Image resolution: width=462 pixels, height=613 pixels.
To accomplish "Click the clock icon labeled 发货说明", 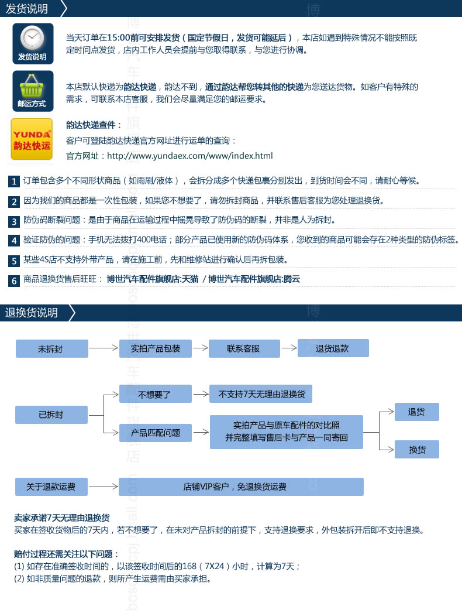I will (32, 43).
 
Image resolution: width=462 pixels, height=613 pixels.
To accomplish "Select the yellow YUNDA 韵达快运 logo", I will (32, 139).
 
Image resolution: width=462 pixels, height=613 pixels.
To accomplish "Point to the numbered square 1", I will (14, 181).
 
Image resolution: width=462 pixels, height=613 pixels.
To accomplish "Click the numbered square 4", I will (14, 241).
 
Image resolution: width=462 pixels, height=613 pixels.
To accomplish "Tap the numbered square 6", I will (14, 280).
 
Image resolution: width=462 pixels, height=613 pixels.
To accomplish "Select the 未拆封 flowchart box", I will (50, 348).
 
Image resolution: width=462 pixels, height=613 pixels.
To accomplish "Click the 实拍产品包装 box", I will (156, 348).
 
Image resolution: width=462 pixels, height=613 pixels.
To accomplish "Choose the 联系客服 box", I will (243, 348).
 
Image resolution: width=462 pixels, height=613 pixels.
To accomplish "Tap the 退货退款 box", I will (333, 348).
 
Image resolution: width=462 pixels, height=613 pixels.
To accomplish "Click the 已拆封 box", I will (51, 415).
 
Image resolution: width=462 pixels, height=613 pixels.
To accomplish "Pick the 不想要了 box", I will (156, 394).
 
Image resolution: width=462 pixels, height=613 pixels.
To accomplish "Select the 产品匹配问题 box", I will (156, 433).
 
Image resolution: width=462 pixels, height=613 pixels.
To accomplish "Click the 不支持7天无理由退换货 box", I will (261, 394).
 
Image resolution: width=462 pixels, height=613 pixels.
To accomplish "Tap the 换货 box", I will (417, 450).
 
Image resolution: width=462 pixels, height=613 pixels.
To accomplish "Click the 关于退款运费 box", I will (51, 487).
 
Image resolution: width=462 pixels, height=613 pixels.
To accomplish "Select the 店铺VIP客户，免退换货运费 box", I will (241, 487).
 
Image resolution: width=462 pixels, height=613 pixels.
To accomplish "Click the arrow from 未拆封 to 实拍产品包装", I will (104, 348).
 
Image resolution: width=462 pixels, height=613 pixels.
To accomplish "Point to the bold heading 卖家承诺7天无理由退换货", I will (62, 518).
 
